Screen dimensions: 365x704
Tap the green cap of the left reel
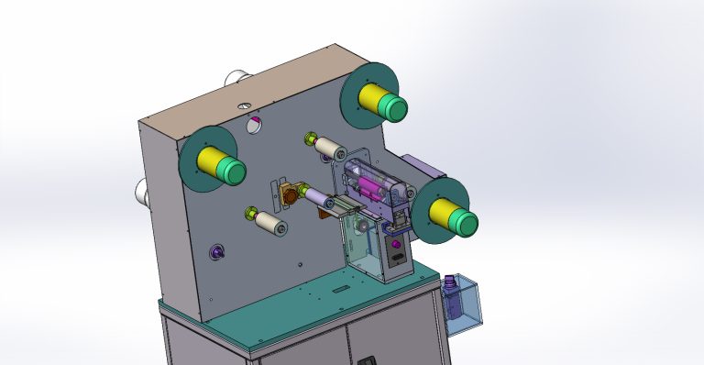232,171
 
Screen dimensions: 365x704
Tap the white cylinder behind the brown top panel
240,75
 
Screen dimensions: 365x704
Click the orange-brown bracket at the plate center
291,194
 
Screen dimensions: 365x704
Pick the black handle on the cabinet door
368,359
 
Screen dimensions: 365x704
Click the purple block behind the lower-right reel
423,169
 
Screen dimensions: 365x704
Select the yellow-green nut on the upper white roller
311,140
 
